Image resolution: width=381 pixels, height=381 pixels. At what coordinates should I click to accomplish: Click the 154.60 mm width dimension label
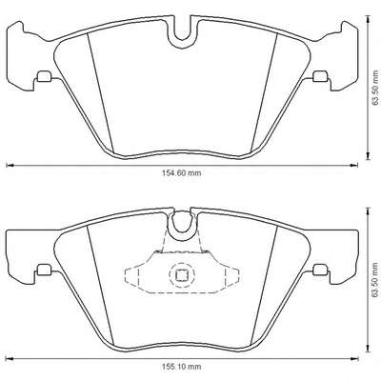pyautogui.click(x=182, y=173)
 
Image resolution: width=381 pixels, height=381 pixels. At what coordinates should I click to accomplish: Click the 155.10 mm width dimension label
pyautogui.click(x=182, y=367)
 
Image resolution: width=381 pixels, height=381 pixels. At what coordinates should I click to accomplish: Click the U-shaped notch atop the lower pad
pyautogui.click(x=183, y=226)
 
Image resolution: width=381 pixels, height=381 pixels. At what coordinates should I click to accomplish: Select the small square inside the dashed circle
pyautogui.click(x=182, y=275)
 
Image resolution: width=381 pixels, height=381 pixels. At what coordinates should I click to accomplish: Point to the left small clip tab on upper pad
pyautogui.click(x=44, y=76)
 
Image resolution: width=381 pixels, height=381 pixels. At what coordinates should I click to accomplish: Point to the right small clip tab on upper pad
pyautogui.click(x=320, y=76)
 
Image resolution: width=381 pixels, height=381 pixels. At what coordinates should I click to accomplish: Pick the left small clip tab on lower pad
pyautogui.click(x=44, y=270)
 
